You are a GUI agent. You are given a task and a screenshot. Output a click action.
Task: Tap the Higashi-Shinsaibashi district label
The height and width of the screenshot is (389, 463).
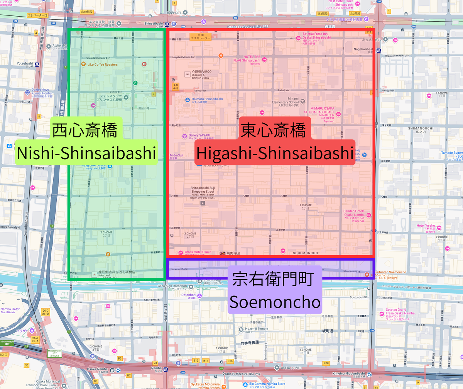(275, 153)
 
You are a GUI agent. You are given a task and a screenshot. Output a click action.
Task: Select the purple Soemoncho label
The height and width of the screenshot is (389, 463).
(275, 302)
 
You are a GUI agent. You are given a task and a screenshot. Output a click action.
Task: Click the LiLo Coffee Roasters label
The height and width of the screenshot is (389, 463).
(102, 65)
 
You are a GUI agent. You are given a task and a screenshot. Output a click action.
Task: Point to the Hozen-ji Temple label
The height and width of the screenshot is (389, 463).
(257, 329)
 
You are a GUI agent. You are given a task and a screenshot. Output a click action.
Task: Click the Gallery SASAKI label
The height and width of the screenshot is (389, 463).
(201, 135)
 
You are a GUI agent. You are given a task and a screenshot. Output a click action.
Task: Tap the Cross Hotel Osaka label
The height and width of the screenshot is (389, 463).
(198, 252)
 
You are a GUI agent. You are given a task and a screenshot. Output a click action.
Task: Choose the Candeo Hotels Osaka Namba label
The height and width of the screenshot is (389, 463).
(354, 213)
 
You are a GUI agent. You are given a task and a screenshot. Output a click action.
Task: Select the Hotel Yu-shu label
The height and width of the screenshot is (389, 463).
(426, 226)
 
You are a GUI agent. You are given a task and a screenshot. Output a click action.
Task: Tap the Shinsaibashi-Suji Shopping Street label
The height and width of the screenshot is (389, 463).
(202, 190)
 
